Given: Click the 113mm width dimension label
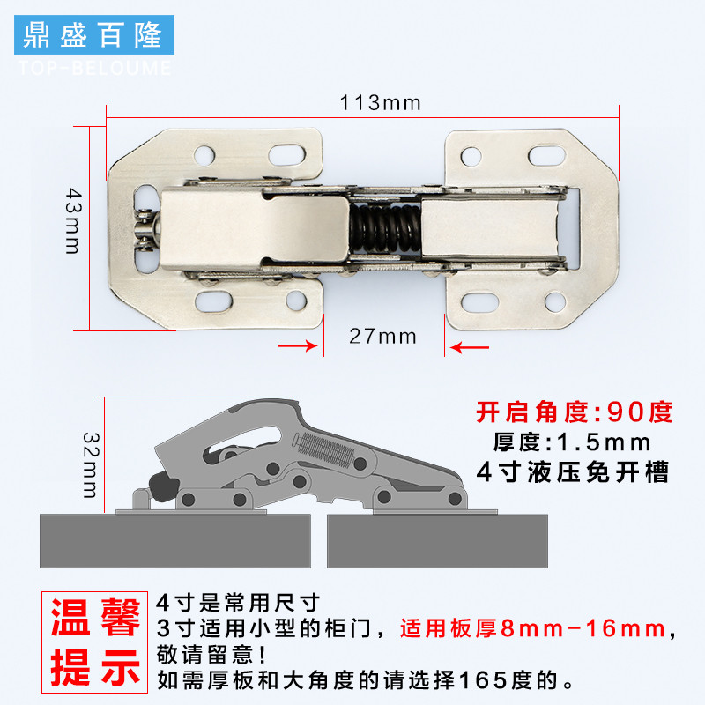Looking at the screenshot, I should (x=380, y=103).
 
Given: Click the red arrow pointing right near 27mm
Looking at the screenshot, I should (x=297, y=346).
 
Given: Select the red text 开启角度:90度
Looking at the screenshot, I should (x=574, y=412).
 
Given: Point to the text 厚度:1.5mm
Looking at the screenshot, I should (x=574, y=442).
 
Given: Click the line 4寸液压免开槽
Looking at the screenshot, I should (x=574, y=472).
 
